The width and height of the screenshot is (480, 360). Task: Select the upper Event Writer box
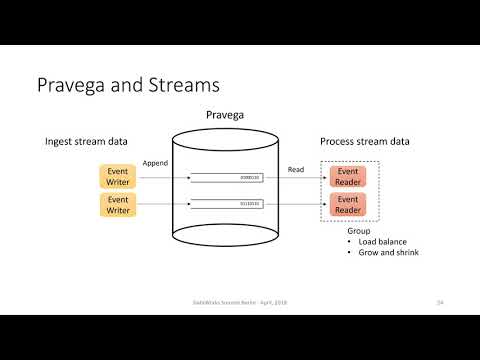pos(117,177)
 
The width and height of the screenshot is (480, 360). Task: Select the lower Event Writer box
pos(117,205)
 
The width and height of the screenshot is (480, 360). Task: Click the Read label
pos(295,169)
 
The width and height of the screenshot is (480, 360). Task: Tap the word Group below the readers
pos(344,230)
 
